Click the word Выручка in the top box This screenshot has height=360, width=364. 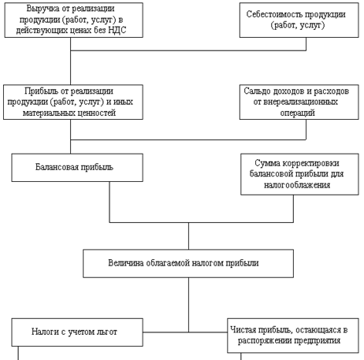click(x=43, y=9)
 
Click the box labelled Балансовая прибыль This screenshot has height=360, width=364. click(x=77, y=168)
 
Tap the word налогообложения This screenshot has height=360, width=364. click(x=297, y=185)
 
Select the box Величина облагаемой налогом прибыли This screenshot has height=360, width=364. click(x=188, y=263)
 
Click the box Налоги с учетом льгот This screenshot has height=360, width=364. click(x=77, y=332)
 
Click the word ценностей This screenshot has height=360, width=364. click(x=98, y=113)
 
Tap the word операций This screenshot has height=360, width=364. click(x=297, y=113)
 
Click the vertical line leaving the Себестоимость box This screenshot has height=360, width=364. click(x=306, y=44)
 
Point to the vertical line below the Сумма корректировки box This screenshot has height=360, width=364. click(x=293, y=209)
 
